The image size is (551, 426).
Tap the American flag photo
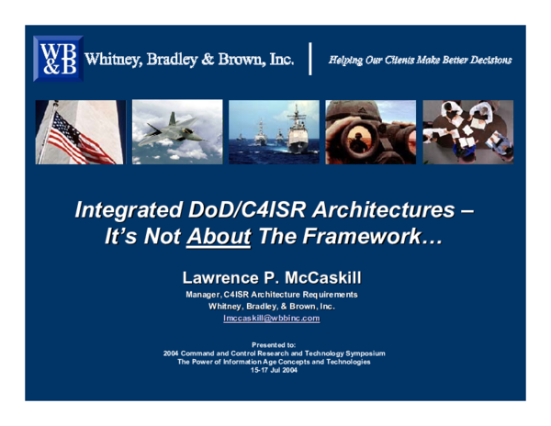coord(81,132)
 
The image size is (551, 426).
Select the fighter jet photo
coord(177,132)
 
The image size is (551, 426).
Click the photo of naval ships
coord(275,132)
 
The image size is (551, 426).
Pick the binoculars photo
coord(371,132)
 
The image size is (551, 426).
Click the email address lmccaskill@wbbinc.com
coord(272,318)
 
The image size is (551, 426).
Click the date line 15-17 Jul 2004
coord(273,371)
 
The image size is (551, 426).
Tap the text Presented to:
coord(273,343)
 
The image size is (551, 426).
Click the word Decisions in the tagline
coord(486,60)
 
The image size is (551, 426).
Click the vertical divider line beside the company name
coord(311,58)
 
